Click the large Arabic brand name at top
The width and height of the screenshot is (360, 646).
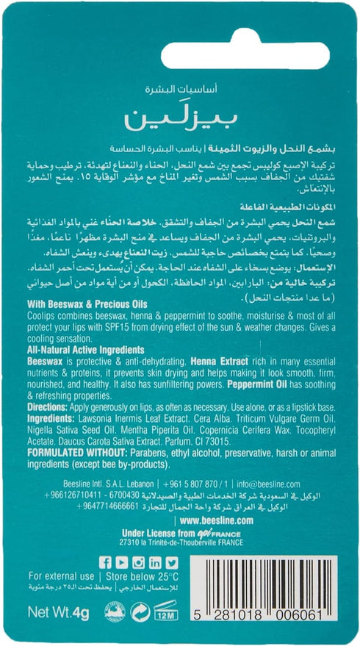pos(179,118)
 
